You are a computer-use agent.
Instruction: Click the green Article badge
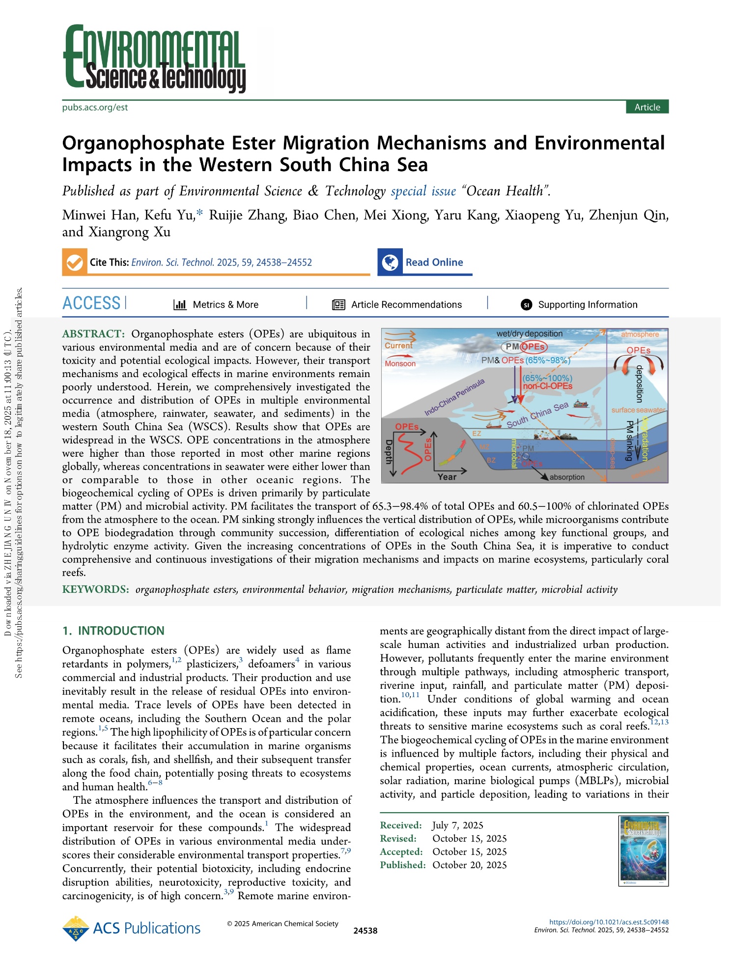point(647,107)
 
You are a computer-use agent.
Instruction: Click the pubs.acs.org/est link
point(95,107)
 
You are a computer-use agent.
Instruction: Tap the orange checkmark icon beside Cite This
point(74,263)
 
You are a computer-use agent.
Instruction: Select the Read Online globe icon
point(390,263)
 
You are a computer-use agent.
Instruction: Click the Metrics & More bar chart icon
point(180,305)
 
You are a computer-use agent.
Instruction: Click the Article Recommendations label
point(406,305)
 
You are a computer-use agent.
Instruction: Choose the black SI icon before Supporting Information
point(526,305)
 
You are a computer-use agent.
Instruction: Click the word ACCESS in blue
point(91,303)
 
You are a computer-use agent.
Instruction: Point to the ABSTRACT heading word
point(93,334)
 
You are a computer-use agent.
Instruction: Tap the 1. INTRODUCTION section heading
point(113,631)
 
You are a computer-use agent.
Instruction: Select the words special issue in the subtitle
point(423,191)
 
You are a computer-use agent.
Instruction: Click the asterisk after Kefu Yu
point(199,213)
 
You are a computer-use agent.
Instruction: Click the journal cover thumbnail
point(644,851)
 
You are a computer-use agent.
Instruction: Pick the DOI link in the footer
point(609,922)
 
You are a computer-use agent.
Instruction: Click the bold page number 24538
point(365,931)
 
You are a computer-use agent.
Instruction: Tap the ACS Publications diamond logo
point(76,928)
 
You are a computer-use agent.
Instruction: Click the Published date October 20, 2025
point(469,865)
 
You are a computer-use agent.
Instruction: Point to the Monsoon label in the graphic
point(400,364)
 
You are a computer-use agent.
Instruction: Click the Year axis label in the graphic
point(447,476)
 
